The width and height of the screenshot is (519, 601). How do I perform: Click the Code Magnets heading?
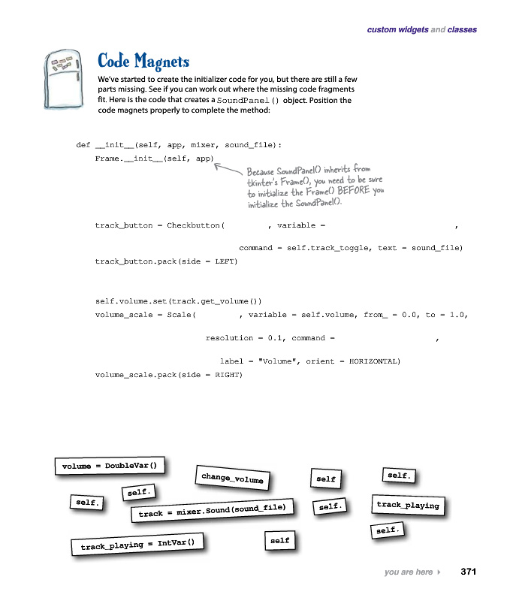point(143,61)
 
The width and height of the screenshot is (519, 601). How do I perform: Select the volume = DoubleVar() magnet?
point(110,466)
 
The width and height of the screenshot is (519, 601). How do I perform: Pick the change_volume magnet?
point(233,476)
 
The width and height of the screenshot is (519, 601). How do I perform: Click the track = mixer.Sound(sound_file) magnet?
point(212,511)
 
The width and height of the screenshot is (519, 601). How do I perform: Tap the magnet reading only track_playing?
point(408,505)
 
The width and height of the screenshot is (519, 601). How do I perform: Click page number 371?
point(469,572)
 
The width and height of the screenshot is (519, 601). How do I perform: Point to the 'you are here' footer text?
point(408,572)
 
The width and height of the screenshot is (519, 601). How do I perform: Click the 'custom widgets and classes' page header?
point(421,30)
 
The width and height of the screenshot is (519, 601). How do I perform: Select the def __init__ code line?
point(179,145)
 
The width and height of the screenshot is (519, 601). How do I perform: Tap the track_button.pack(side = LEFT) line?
point(166,261)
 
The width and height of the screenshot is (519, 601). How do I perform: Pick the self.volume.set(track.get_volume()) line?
point(178,300)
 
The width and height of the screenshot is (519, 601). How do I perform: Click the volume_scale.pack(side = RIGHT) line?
point(168,374)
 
